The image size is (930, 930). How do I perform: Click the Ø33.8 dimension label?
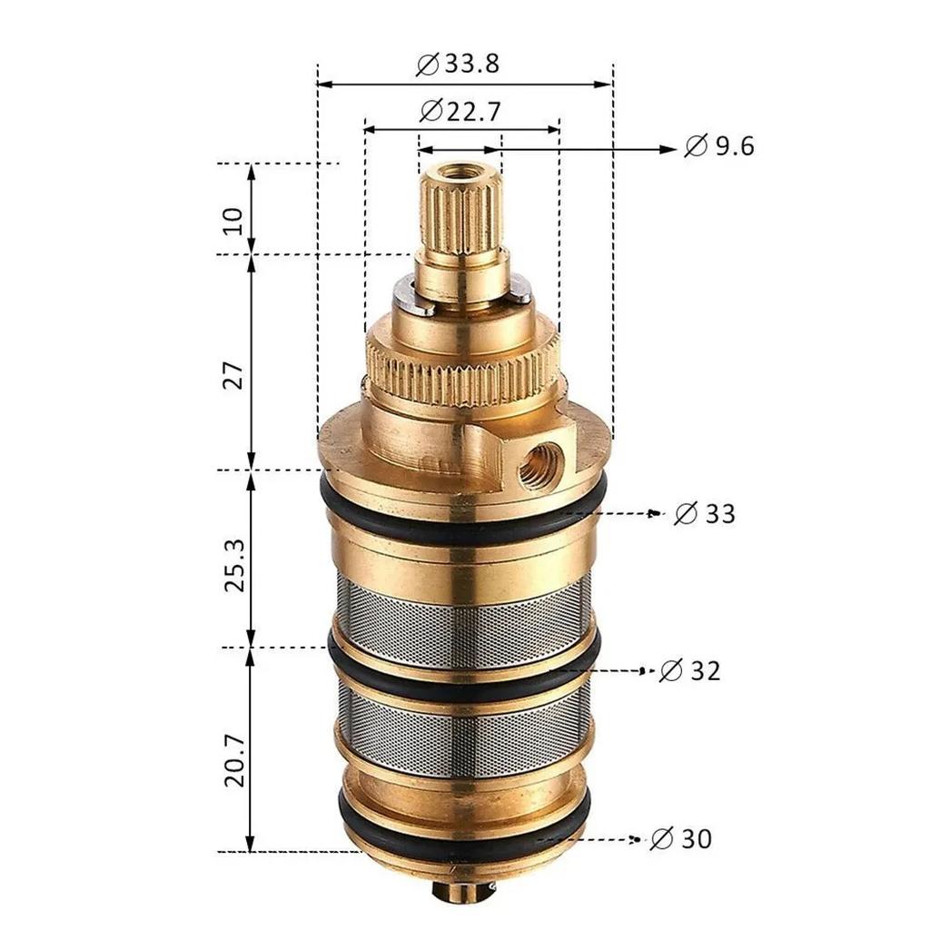tap(458, 64)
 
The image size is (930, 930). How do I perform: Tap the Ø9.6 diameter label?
tap(719, 146)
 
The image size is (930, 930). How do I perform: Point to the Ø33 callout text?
tap(705, 514)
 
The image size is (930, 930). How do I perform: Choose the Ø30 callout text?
tap(681, 839)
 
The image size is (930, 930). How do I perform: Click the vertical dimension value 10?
tap(232, 220)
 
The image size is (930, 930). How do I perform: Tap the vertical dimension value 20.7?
tap(232, 761)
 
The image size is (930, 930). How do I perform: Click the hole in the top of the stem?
tap(460, 171)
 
